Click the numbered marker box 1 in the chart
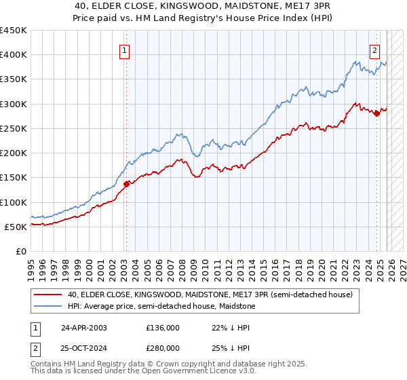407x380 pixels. tap(125, 50)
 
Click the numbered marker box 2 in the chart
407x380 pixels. tap(374, 50)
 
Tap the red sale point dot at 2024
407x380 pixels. tap(377, 113)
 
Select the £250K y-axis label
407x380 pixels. tap(14, 128)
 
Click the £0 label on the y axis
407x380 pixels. tap(21, 251)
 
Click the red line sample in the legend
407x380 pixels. tap(49, 295)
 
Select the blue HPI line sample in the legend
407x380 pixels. tap(49, 307)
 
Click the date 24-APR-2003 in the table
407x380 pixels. tap(83, 327)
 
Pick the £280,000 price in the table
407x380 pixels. tap(163, 348)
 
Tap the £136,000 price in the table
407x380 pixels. tap(163, 327)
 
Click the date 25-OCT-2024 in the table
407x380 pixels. tap(83, 348)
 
